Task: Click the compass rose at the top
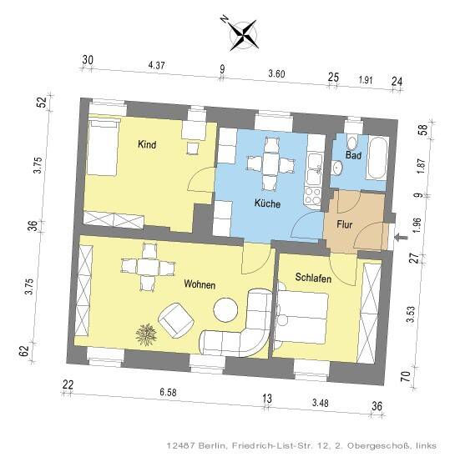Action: (244, 35)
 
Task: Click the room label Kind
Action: (147, 144)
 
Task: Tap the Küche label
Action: (267, 203)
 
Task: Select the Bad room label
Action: (353, 155)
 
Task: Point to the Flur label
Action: (345, 225)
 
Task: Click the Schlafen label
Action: (313, 278)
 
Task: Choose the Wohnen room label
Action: (200, 284)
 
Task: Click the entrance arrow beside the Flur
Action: (402, 238)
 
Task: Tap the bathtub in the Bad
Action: (377, 158)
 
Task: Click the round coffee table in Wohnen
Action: (225, 310)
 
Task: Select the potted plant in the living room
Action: (146, 334)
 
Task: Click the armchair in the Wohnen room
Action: (176, 320)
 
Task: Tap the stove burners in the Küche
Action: (313, 196)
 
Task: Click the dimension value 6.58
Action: (168, 392)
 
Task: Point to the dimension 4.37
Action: (156, 65)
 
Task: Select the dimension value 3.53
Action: (411, 314)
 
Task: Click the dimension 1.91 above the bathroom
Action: (366, 80)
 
